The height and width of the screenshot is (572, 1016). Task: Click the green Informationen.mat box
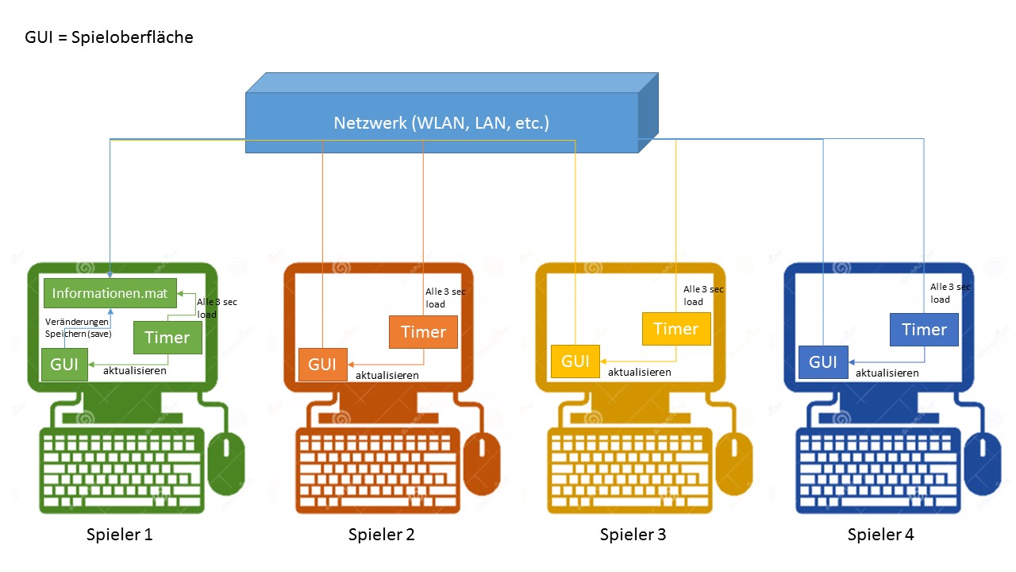coord(110,293)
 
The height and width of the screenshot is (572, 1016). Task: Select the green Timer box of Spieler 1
coord(167,338)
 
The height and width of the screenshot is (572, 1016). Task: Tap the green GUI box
coord(64,365)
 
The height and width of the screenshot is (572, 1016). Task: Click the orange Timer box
coord(423,332)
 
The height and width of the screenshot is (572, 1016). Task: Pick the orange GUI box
coord(322,365)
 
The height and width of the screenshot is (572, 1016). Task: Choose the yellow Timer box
coord(675,329)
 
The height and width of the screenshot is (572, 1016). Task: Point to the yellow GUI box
coord(575,361)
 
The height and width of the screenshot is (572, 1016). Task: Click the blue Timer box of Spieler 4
coord(924,330)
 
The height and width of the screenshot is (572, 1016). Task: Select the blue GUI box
coord(823,362)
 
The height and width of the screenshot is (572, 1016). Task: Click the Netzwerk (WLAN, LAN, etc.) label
coord(441,123)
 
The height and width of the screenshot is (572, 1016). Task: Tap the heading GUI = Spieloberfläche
coord(110,37)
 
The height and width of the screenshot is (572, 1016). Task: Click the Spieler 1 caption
coord(119,535)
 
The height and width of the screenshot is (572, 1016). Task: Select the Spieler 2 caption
coord(381,535)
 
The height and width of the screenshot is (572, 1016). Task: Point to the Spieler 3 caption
coord(633,535)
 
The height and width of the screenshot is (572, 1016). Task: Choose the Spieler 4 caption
coord(880,535)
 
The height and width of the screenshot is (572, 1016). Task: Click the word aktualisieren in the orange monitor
coord(387,375)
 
